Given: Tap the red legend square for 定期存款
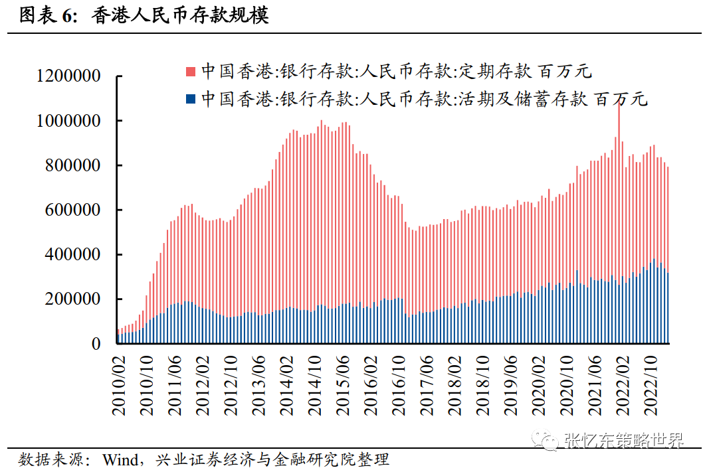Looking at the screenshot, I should coord(191,71).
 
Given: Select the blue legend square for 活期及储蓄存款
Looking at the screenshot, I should coord(191,100).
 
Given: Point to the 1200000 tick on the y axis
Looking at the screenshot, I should coord(70,76).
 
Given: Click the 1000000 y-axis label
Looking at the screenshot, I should coord(70,121).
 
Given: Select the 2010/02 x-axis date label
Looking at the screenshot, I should coord(119,384).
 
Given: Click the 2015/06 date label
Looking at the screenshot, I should coord(344,384).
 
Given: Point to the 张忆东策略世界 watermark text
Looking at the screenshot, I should coord(623,440).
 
